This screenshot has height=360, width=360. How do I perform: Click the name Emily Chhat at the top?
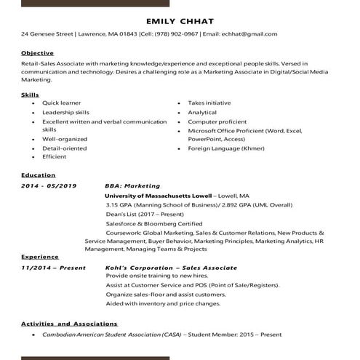point(180,20)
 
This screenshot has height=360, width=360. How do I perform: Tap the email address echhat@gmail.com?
point(249,34)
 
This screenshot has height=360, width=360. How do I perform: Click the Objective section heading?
point(37,53)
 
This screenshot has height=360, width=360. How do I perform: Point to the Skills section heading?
point(30,95)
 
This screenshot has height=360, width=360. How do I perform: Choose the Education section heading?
point(38,175)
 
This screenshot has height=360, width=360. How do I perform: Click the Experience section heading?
point(40,257)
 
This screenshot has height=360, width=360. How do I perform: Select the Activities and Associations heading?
point(69,324)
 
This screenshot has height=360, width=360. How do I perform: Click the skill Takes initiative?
point(209,103)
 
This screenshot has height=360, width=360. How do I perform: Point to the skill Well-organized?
point(65,139)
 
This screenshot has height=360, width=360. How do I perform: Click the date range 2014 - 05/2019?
point(49,185)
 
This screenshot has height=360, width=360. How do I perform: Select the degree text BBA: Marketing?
point(132,185)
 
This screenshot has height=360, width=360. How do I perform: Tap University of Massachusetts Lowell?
point(159,196)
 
